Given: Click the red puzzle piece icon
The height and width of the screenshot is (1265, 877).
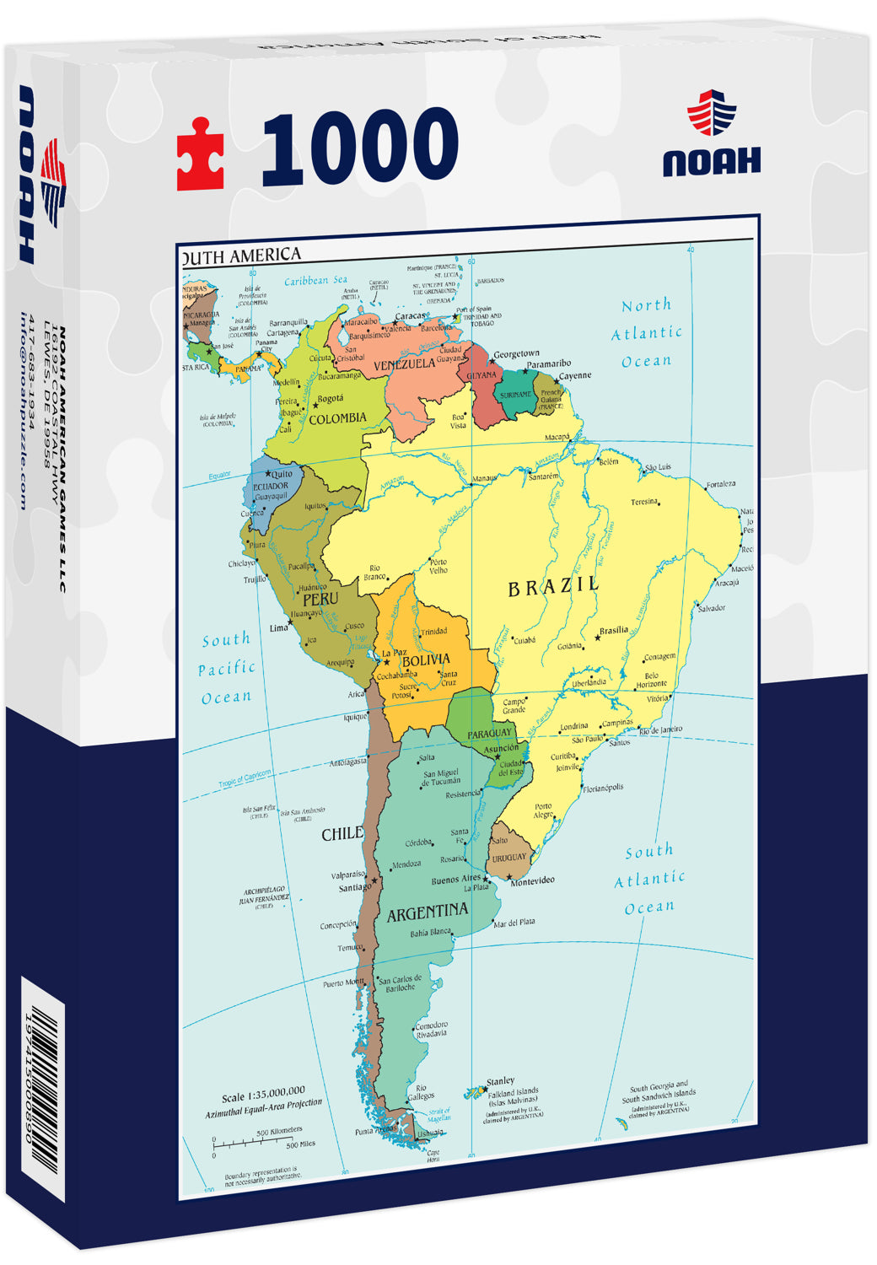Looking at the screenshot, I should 201,154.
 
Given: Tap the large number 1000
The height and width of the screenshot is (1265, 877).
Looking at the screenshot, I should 361,148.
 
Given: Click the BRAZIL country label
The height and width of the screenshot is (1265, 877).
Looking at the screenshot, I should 553,586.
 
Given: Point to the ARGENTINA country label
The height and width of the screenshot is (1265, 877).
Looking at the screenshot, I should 427,912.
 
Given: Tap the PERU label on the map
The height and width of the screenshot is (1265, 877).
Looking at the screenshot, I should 320,599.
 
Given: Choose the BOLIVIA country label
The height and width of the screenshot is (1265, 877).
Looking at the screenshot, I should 426,660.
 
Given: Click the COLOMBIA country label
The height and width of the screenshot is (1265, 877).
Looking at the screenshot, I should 337,418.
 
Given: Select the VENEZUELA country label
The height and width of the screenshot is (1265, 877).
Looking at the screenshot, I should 404,364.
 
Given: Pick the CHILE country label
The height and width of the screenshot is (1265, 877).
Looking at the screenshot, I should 342,834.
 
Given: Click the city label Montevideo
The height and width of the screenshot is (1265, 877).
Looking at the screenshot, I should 532,881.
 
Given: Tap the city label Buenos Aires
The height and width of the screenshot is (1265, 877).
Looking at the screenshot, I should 455,880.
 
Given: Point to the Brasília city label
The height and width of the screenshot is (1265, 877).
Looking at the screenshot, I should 613,630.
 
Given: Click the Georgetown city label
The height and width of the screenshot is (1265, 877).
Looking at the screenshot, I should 516,354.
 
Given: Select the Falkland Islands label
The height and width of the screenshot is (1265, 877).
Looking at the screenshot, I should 513,1093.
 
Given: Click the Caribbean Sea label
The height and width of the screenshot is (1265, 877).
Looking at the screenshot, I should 315,281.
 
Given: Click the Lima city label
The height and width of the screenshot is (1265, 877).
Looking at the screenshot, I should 278,628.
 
